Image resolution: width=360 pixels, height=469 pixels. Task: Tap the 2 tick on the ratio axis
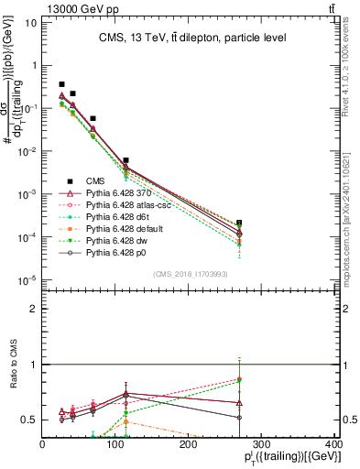point(34,309)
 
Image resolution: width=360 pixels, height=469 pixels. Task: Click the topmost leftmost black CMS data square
point(62,84)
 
